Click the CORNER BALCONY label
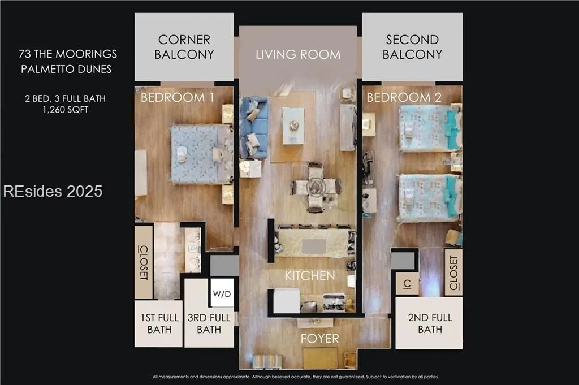coord(184,47)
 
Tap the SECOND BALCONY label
coord(412,47)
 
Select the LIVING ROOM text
coord(298,55)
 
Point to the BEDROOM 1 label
coord(177,97)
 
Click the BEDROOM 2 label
coord(404,97)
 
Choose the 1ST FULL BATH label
coord(159,323)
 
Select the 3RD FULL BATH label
coord(209,323)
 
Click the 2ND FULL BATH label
coord(430,323)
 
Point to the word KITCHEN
coord(310,276)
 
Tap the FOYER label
coord(320,339)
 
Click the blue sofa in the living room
coord(253,128)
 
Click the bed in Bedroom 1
coord(202,154)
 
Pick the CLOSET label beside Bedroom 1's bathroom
coord(144,262)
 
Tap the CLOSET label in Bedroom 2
coord(453,272)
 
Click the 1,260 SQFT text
coord(66,110)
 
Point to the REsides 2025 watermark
coord(53,191)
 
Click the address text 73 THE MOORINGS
coord(68,54)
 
